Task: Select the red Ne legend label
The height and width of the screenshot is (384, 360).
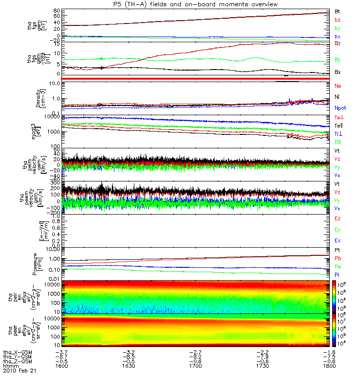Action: [337, 85]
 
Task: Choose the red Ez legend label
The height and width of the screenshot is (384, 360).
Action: [337, 219]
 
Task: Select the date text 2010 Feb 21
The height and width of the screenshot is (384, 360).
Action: [20, 371]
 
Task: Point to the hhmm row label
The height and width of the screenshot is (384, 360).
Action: [11, 366]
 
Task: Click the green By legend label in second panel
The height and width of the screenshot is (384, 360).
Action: [337, 60]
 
